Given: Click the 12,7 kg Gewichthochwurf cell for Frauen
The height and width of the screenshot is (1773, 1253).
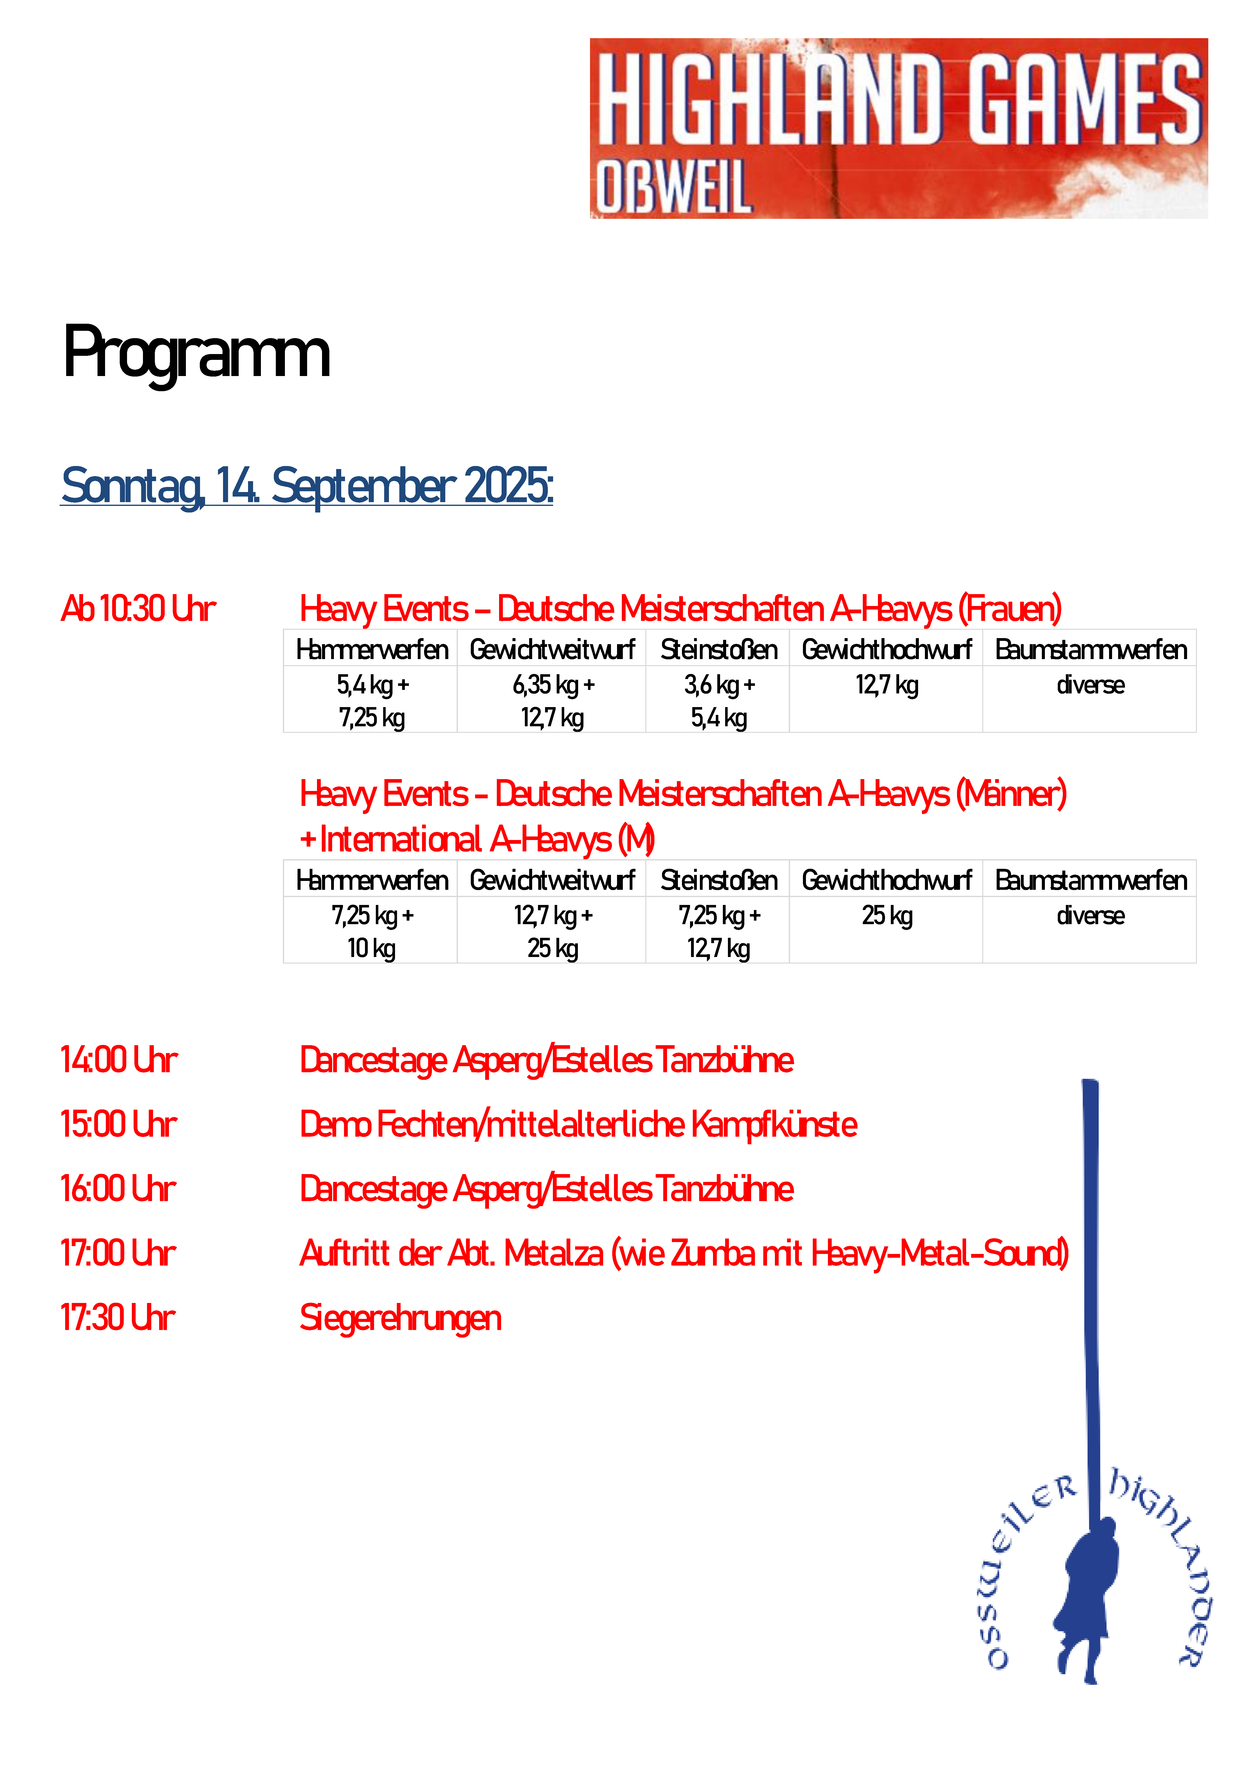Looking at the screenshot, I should [886, 685].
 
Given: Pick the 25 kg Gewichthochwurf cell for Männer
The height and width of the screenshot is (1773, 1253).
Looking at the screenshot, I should [886, 916].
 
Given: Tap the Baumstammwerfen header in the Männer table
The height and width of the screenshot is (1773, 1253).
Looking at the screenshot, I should [1090, 880].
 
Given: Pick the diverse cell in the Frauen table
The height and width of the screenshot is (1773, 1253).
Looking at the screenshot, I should [1090, 685].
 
